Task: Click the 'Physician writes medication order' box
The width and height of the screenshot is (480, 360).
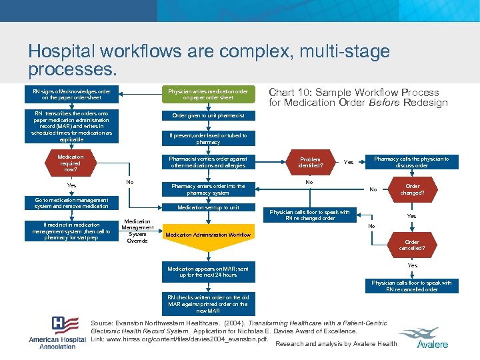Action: click(208, 95)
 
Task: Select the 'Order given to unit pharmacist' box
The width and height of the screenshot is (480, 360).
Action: click(208, 115)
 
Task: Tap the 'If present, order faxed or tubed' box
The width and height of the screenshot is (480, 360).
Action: click(208, 139)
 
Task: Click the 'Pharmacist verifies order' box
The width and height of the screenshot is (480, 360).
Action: click(208, 162)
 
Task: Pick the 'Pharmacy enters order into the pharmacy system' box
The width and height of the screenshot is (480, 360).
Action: click(208, 189)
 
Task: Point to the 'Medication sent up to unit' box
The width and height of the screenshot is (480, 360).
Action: click(208, 207)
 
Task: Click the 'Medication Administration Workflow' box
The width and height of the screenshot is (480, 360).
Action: click(208, 235)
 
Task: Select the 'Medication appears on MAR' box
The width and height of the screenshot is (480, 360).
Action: click(208, 271)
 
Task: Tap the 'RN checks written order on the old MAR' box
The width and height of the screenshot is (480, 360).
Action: click(208, 304)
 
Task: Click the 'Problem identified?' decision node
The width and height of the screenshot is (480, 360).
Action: click(310, 162)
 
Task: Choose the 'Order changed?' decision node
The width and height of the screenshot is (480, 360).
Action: click(413, 189)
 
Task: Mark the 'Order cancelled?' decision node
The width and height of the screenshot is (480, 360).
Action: click(412, 245)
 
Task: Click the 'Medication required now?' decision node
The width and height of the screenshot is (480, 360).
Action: click(71, 163)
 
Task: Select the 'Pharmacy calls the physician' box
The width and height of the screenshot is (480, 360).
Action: click(411, 162)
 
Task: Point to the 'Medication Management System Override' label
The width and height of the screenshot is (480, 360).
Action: click(137, 231)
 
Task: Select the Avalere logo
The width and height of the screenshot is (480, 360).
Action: click(432, 337)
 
